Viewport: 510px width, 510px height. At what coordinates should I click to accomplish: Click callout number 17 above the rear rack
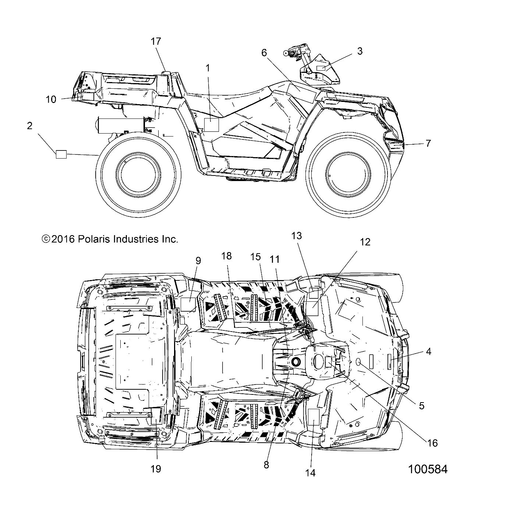click(156, 41)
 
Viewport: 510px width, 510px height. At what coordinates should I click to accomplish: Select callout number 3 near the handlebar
click(360, 51)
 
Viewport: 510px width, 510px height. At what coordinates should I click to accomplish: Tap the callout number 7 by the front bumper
click(428, 143)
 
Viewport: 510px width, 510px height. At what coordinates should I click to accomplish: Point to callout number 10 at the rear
click(51, 99)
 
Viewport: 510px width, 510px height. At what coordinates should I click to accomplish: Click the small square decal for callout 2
click(61, 155)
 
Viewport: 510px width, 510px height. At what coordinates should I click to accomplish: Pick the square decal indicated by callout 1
click(211, 125)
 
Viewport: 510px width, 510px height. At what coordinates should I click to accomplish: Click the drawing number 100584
click(428, 469)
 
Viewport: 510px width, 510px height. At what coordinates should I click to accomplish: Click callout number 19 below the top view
click(156, 468)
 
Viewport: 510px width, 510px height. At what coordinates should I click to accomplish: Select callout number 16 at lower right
click(433, 443)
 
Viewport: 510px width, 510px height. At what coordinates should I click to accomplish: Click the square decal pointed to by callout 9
click(188, 305)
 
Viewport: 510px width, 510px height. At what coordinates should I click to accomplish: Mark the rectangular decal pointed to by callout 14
click(313, 417)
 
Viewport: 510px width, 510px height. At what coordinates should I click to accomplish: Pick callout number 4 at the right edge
click(428, 351)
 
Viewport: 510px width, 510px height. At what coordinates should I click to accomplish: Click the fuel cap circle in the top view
click(296, 362)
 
